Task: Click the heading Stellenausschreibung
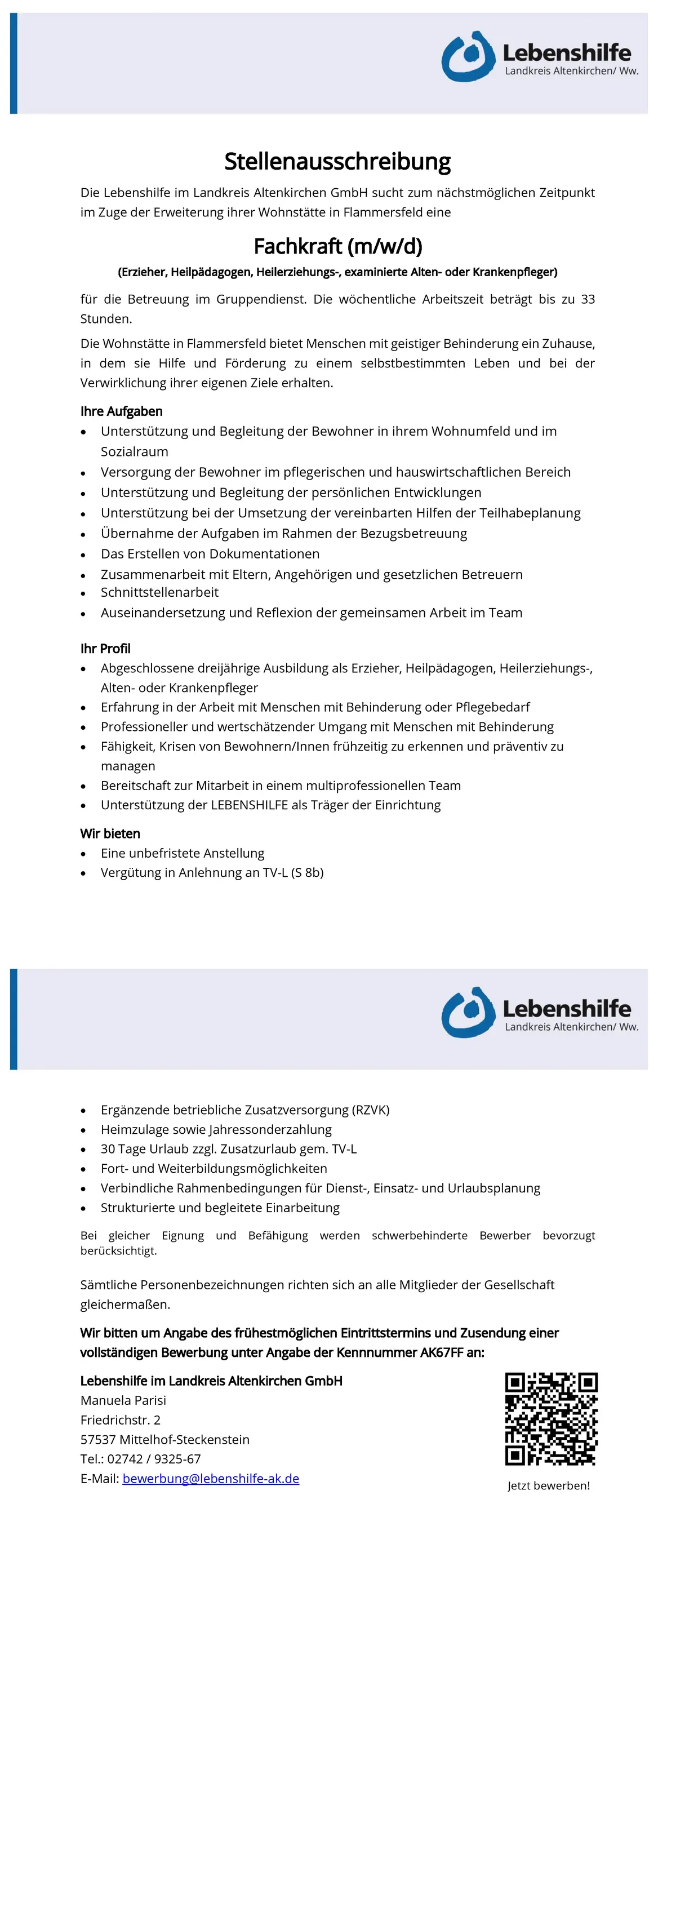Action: click(337, 161)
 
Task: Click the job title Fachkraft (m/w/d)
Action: click(337, 246)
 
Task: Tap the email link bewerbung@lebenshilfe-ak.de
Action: click(211, 1478)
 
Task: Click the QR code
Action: click(552, 1418)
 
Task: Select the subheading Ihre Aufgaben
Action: click(121, 411)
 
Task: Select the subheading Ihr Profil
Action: click(105, 648)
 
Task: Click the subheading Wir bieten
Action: click(110, 833)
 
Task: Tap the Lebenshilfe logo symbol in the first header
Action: click(468, 56)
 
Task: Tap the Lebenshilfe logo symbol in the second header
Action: click(468, 1013)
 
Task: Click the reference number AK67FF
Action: click(442, 1352)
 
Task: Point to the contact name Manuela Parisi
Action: click(123, 1400)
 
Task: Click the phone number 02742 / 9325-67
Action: click(154, 1458)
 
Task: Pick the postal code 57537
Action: click(98, 1439)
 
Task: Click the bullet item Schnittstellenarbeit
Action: click(159, 592)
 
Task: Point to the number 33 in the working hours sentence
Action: click(587, 299)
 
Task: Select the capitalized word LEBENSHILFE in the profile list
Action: click(250, 805)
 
